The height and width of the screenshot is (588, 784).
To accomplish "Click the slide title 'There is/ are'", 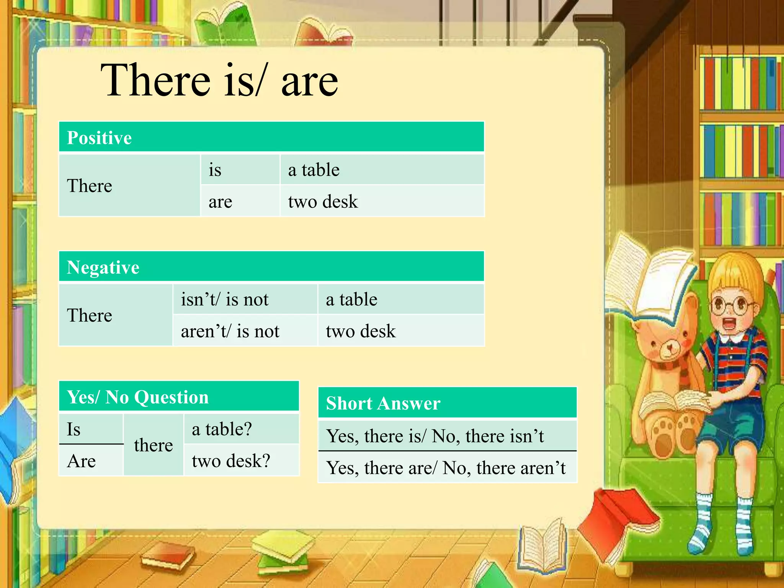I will click(219, 80).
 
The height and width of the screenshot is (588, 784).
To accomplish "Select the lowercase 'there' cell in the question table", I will click(154, 445).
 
